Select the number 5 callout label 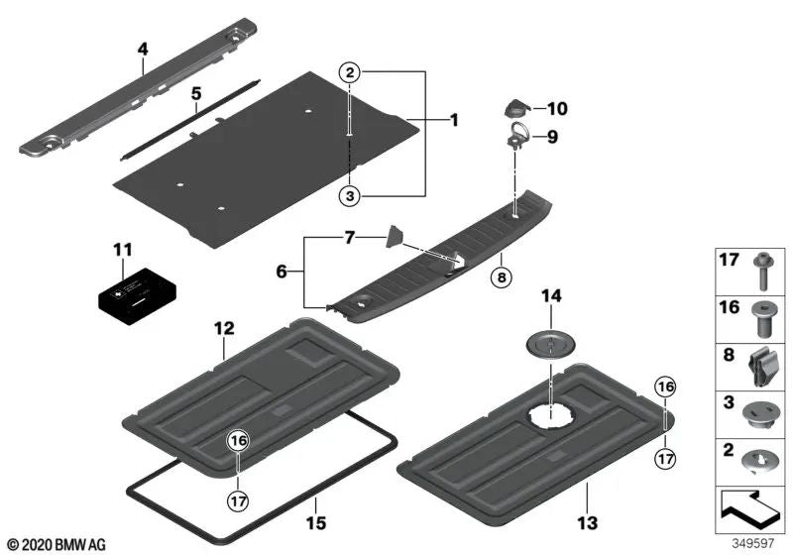point(196,94)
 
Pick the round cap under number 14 point(548,343)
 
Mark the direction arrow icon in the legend point(750,508)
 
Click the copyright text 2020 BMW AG point(56,544)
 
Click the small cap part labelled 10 point(516,107)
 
